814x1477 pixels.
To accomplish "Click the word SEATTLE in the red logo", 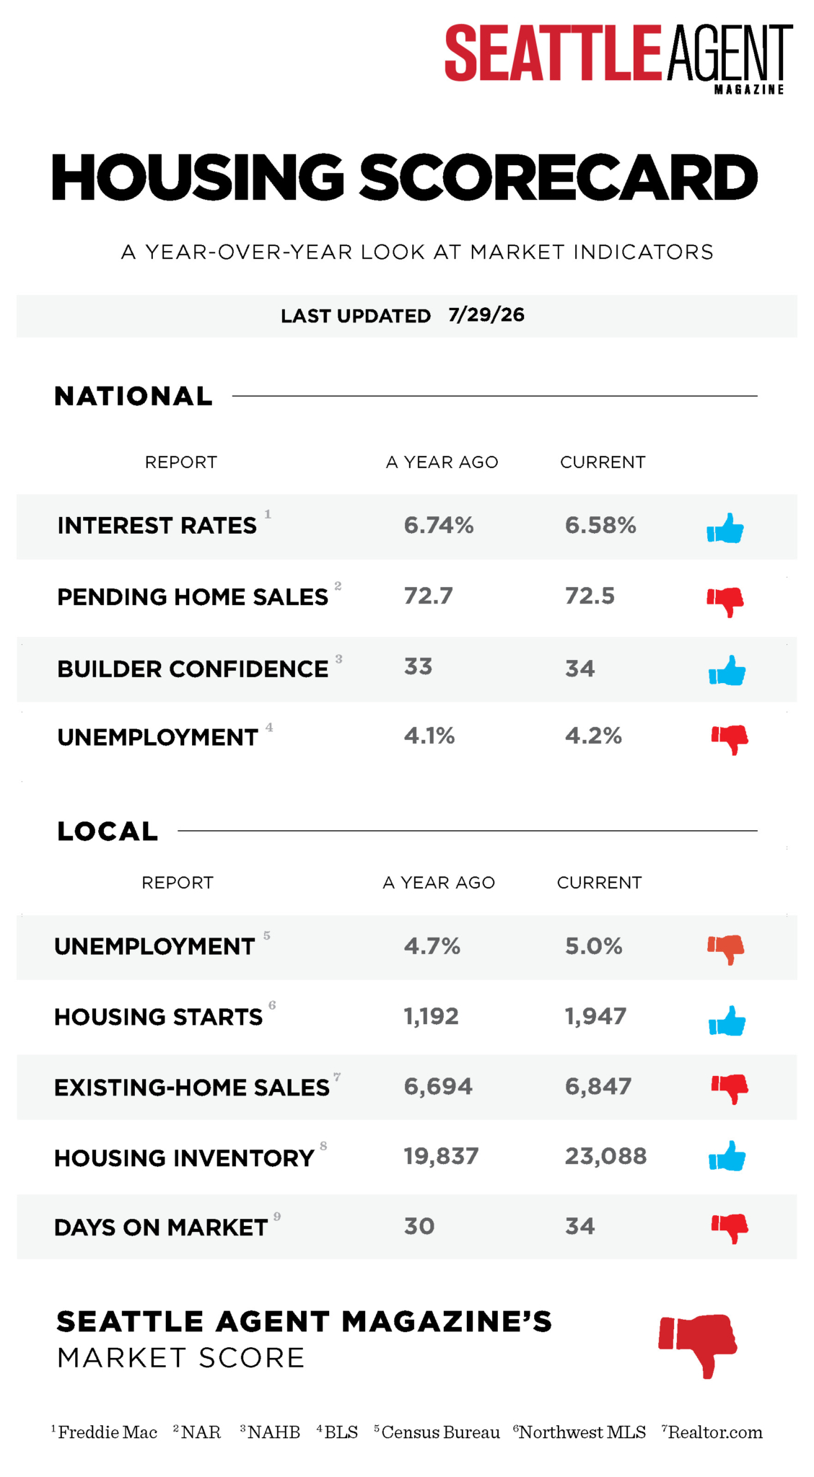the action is [553, 52].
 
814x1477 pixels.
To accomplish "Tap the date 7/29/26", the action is [486, 315].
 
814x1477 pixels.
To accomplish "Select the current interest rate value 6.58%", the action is [600, 525].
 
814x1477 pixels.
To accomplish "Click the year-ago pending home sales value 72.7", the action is [428, 596].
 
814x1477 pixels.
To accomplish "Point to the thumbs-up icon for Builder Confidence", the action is [727, 671].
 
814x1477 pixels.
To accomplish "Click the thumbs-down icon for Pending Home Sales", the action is [725, 601].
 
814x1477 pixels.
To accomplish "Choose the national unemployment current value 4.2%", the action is [593, 736].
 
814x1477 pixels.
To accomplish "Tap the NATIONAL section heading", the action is [134, 396].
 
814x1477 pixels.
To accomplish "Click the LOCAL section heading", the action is [108, 832].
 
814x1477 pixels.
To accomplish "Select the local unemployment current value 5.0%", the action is [594, 946].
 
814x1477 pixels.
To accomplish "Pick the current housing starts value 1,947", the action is [595, 1016].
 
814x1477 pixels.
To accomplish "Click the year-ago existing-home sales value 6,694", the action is [438, 1086].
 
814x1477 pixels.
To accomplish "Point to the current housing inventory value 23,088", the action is [605, 1156].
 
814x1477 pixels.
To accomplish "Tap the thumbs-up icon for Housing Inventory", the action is [727, 1156].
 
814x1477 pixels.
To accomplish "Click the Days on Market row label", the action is [161, 1227].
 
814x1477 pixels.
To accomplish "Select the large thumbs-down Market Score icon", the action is [698, 1345].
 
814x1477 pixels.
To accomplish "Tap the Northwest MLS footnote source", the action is [582, 1432].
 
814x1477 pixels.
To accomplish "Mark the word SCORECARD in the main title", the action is [559, 177].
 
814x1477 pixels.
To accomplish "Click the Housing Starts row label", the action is [159, 1017].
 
